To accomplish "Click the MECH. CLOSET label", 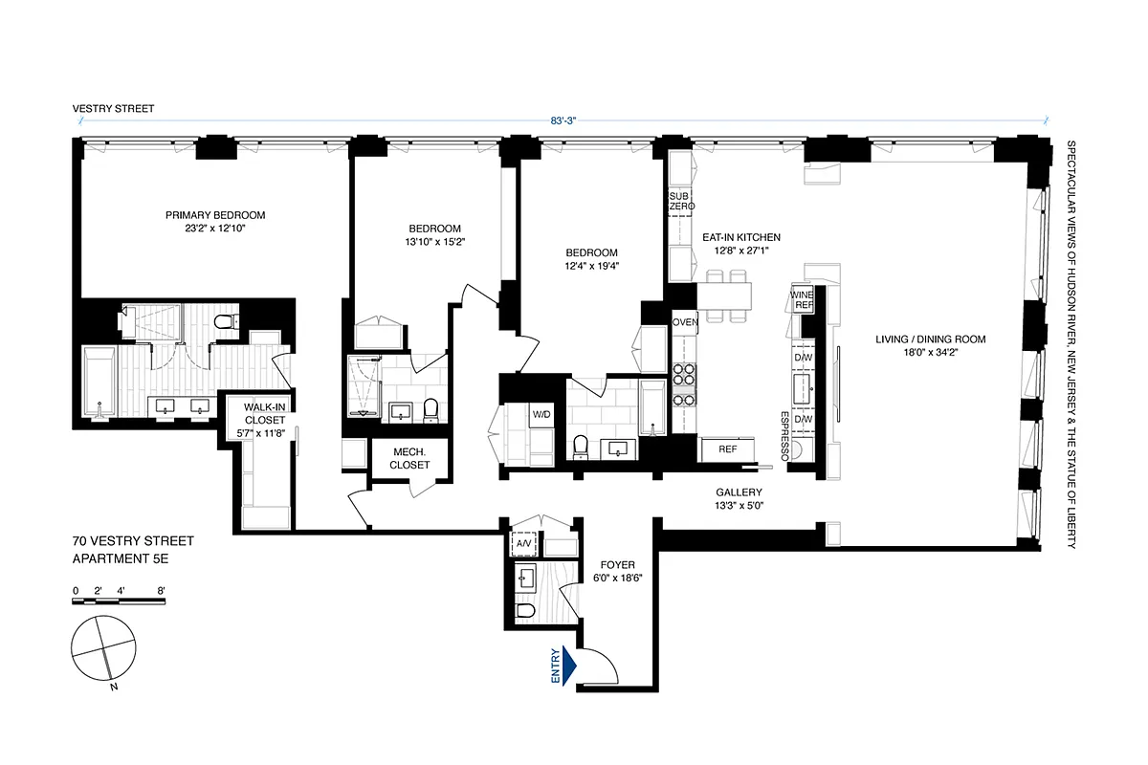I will pyautogui.click(x=409, y=458).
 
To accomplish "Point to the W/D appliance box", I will pyautogui.click(x=541, y=415).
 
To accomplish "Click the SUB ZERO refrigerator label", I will pyautogui.click(x=680, y=201).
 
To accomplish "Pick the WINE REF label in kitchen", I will pyautogui.click(x=802, y=299).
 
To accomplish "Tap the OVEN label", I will pyautogui.click(x=685, y=322).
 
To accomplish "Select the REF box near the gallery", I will pyautogui.click(x=727, y=448).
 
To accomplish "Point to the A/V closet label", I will pyautogui.click(x=523, y=545).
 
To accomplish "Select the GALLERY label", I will pyautogui.click(x=738, y=499).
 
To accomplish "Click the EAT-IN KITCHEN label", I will pyautogui.click(x=741, y=244).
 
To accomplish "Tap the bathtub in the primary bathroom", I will pyautogui.click(x=99, y=382).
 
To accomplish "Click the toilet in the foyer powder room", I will pyautogui.click(x=524, y=610).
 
